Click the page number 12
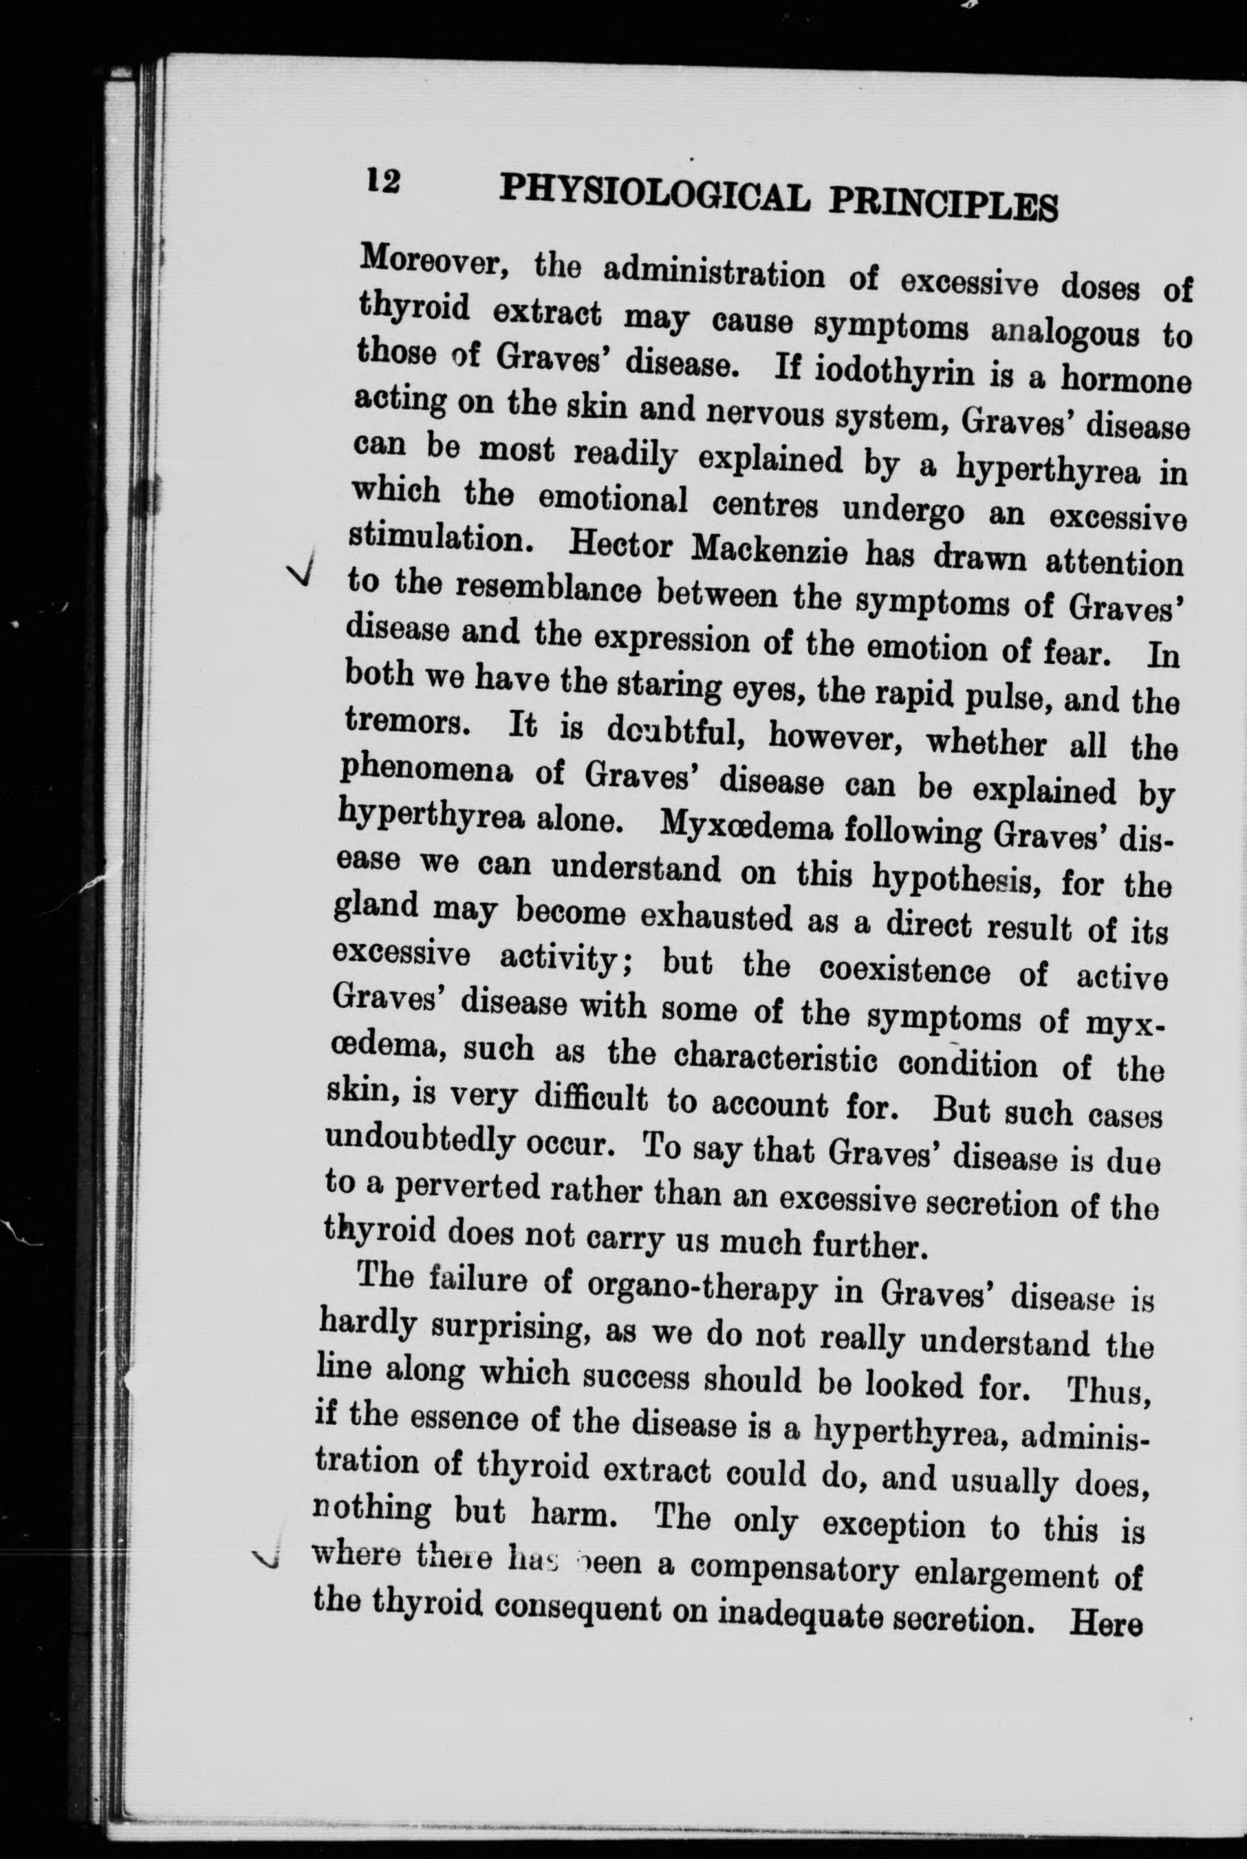(x=382, y=182)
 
